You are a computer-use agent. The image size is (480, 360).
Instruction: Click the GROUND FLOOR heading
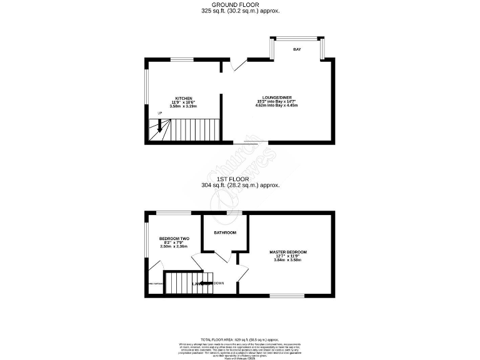click(x=240, y=5)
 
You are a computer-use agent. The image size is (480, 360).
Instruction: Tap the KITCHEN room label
click(x=183, y=99)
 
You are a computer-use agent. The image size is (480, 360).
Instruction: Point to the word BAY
click(x=297, y=49)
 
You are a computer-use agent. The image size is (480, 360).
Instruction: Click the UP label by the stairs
click(x=160, y=113)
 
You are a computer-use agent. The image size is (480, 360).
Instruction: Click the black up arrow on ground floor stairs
click(x=159, y=125)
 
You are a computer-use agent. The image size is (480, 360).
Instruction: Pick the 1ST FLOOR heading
click(x=240, y=179)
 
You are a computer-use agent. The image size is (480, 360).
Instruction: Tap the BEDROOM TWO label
click(x=174, y=239)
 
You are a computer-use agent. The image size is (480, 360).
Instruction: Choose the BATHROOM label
click(x=225, y=232)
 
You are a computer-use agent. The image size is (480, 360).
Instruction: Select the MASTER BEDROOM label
click(x=288, y=252)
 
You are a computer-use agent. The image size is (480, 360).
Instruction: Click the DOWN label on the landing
click(x=219, y=283)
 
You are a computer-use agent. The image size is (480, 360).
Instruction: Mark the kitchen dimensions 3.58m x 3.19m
click(x=183, y=107)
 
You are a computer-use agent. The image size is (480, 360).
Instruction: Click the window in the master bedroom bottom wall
click(x=287, y=295)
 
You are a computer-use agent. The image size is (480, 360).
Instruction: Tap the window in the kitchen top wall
click(x=182, y=59)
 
